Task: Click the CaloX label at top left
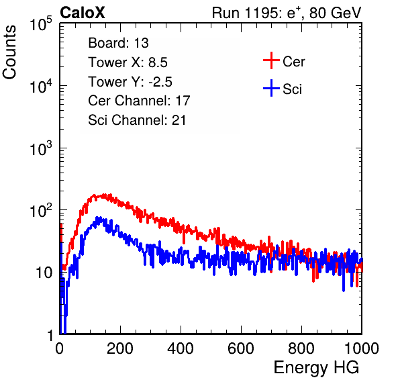point(83,13)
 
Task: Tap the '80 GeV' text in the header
point(335,13)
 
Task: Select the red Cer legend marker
point(271,60)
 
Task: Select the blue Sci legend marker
point(271,88)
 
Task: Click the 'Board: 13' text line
point(118,43)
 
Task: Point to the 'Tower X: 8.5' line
point(128,62)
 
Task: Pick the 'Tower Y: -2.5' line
point(130,82)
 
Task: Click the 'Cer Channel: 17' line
point(139,101)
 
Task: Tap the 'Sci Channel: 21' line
point(137,120)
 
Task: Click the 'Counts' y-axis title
point(9,52)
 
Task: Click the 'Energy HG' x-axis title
point(316,368)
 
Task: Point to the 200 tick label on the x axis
point(120,348)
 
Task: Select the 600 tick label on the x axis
point(241,348)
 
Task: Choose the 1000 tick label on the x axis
point(362,348)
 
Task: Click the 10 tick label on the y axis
point(44,273)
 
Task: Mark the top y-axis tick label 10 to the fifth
point(41,23)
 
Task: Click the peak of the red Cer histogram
point(104,195)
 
